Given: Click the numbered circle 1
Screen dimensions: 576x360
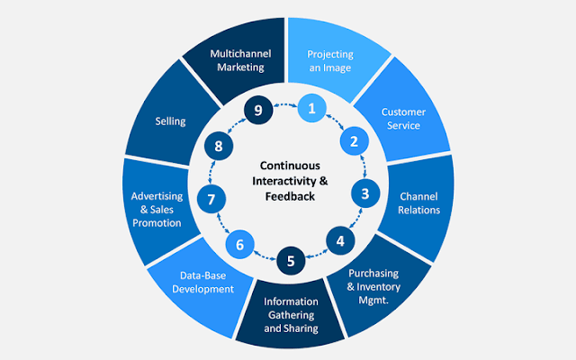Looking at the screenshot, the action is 312,108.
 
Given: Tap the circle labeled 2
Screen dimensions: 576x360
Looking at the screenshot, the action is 354,141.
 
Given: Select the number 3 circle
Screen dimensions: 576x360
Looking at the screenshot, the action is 365,193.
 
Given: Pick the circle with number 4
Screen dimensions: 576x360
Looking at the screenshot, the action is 340,241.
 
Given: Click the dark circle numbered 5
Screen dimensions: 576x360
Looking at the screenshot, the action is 291,261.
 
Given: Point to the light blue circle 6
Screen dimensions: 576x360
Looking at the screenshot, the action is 240,245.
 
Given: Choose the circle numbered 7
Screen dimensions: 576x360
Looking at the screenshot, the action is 211,199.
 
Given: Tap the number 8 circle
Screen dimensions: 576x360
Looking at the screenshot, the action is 219,146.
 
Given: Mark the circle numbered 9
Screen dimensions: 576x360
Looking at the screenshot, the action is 258,110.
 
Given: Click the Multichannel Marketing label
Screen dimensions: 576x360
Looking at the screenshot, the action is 240,60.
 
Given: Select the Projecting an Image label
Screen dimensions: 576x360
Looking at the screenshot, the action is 330,61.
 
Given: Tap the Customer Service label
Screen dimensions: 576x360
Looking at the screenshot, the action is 403,119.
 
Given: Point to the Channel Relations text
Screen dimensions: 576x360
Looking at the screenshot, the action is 418,203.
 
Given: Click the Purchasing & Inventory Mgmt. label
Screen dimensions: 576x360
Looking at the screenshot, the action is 373,286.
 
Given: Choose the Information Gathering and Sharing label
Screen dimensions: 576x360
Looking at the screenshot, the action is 291,315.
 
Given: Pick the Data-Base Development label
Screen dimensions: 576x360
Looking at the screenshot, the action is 202,283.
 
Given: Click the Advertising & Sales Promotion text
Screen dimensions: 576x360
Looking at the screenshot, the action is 157,210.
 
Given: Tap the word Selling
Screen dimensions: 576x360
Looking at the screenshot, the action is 170,121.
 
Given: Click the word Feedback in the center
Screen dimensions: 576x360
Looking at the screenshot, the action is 290,196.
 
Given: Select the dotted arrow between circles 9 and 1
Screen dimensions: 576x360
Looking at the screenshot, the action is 285,104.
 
